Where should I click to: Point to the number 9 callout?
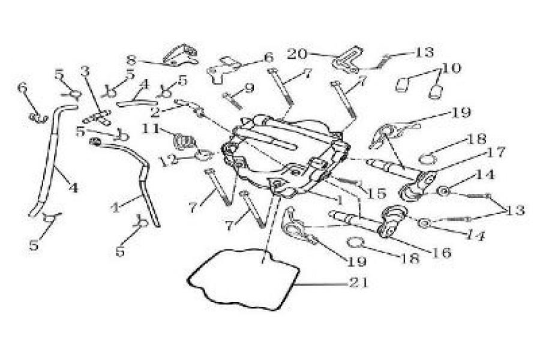(x=248, y=88)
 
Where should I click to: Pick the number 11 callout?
(x=151, y=128)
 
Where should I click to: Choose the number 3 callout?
(x=86, y=71)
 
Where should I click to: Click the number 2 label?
(x=155, y=111)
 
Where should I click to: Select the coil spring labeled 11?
(x=184, y=142)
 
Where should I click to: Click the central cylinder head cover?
(x=282, y=156)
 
